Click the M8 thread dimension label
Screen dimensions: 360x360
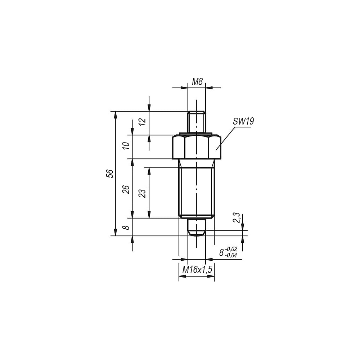pos(197,82)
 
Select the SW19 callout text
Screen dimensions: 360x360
pos(243,121)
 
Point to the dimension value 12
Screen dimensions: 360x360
pos(143,121)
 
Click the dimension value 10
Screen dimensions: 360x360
pos(126,146)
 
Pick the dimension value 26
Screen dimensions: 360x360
pos(126,189)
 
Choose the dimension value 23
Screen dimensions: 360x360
pos(143,193)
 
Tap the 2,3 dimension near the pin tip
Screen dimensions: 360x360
pos(237,218)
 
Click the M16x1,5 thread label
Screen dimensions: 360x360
pos(197,270)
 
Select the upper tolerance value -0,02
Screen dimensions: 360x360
pos(231,249)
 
